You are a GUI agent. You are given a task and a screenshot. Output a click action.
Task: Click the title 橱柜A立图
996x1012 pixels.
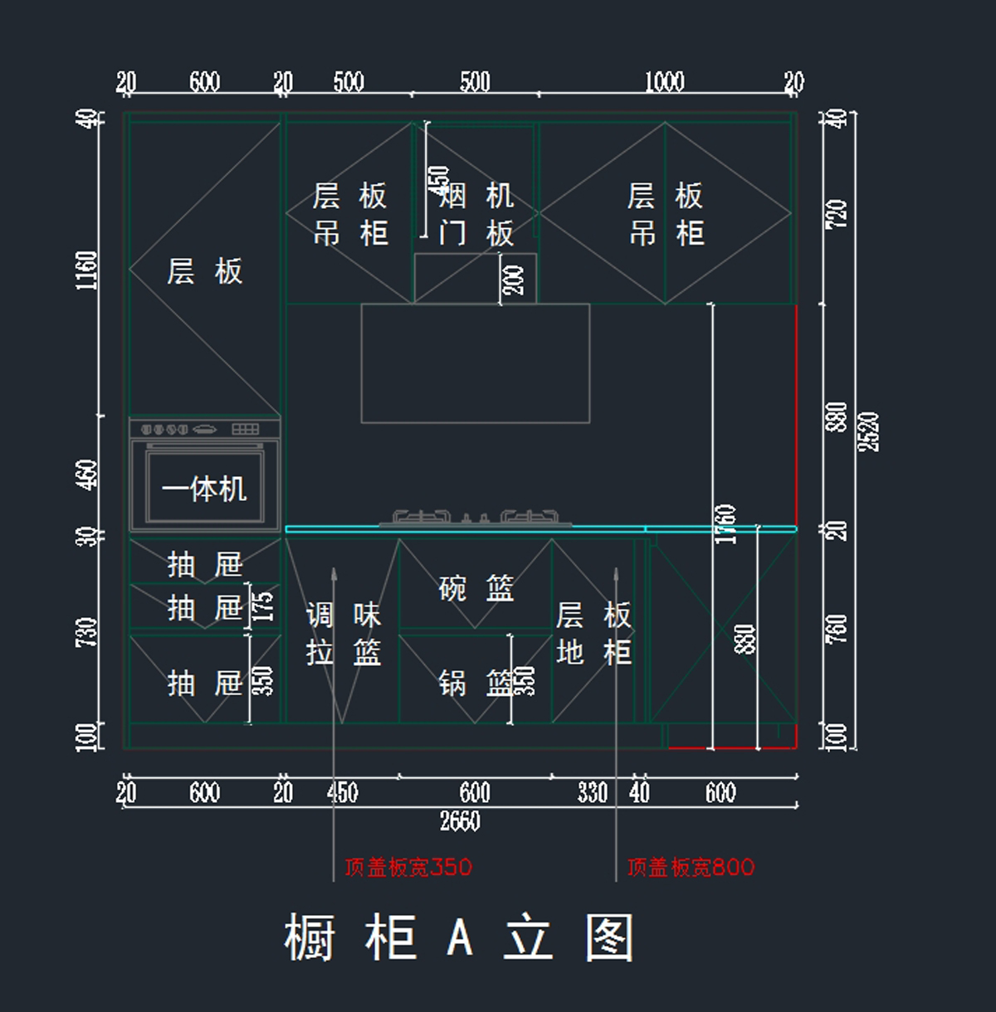(x=459, y=937)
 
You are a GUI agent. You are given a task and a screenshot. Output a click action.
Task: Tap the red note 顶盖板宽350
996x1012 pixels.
(x=408, y=868)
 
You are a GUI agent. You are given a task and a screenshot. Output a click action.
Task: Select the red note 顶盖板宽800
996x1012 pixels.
(x=691, y=868)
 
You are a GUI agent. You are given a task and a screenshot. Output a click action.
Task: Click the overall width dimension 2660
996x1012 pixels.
(x=460, y=821)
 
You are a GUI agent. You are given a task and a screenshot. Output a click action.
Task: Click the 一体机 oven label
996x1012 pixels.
(x=204, y=489)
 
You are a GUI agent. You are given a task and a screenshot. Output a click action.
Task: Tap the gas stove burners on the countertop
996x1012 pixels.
(x=476, y=519)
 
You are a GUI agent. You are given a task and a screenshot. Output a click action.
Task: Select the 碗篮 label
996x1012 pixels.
(x=476, y=588)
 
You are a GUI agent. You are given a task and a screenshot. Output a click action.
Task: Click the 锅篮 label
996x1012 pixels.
(x=476, y=683)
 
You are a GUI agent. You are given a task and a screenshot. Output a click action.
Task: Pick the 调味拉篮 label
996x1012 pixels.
(x=344, y=634)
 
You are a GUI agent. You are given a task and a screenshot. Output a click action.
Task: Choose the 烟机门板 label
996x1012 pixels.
(x=476, y=215)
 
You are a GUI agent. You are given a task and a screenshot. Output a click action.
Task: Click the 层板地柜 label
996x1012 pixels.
(x=593, y=634)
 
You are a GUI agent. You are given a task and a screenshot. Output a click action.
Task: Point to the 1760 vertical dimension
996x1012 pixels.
(x=725, y=524)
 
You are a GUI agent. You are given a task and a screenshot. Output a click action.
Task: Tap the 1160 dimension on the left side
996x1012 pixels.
(x=87, y=270)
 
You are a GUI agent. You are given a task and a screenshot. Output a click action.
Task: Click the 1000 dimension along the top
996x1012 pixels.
(x=665, y=81)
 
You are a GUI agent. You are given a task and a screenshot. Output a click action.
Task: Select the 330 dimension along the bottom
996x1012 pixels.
(x=593, y=792)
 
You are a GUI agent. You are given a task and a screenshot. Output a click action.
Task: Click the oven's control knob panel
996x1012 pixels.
(x=204, y=429)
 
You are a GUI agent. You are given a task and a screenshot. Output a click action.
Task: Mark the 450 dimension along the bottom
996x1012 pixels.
(x=342, y=792)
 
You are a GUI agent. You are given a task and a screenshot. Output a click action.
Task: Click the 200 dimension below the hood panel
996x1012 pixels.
(x=515, y=280)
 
